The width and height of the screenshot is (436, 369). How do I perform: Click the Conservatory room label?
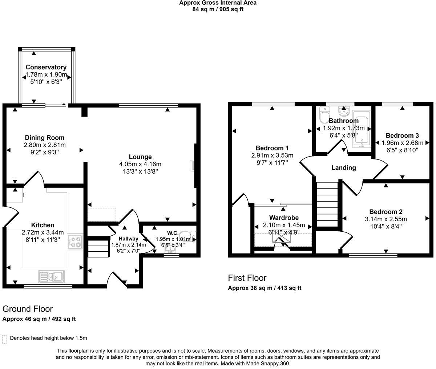pyautogui.click(x=46, y=67)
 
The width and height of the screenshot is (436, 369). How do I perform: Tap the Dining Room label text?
pyautogui.click(x=44, y=138)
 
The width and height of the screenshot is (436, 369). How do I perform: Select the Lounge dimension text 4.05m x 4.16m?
pyautogui.click(x=140, y=164)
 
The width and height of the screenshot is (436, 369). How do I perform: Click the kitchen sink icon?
pyautogui.click(x=51, y=277)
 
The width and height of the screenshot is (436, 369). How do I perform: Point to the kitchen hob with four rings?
pyautogui.click(x=76, y=242)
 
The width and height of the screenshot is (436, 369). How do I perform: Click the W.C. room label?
pyautogui.click(x=172, y=233)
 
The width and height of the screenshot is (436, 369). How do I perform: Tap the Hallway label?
pyautogui.click(x=128, y=239)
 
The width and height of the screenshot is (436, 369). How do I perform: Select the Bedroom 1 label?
pyautogui.click(x=272, y=148)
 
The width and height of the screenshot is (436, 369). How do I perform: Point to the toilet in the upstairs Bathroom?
pyautogui.click(x=323, y=116)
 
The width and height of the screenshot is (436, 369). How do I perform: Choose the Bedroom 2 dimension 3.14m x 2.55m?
pyautogui.click(x=385, y=219)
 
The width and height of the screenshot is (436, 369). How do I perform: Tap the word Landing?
pyautogui.click(x=343, y=168)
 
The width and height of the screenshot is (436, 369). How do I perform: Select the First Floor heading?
pyautogui.click(x=247, y=278)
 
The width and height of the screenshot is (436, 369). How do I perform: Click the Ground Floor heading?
pyautogui.click(x=28, y=309)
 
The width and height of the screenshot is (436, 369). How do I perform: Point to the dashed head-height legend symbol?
pyautogui.click(x=4, y=339)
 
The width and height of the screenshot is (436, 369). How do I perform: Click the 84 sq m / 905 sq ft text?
pyautogui.click(x=218, y=9)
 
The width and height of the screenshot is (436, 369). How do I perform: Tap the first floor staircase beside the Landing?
pyautogui.click(x=327, y=203)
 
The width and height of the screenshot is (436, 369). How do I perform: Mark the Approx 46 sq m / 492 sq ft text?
pyautogui.click(x=39, y=319)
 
